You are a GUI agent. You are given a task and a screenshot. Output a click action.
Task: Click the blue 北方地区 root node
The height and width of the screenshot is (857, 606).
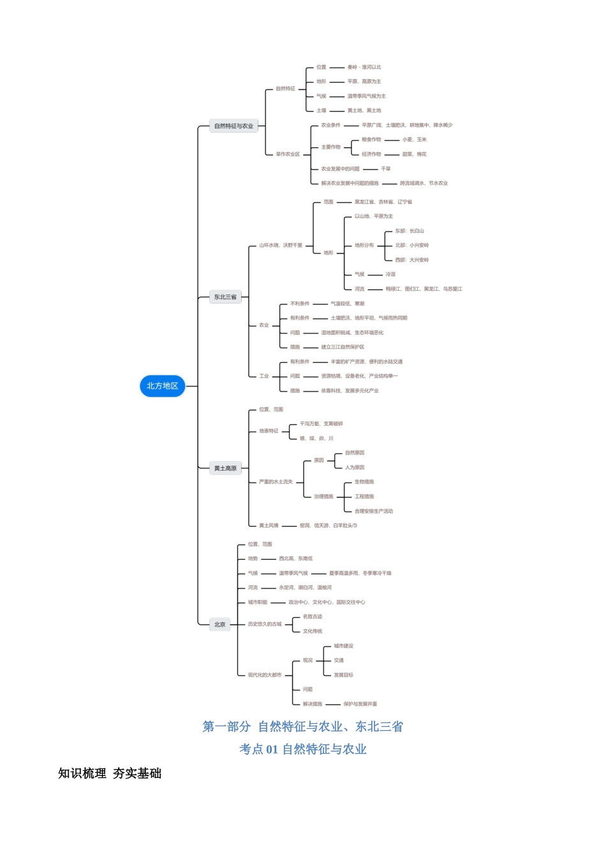coord(162,386)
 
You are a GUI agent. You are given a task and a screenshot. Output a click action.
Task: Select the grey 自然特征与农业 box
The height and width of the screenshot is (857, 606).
coord(233,126)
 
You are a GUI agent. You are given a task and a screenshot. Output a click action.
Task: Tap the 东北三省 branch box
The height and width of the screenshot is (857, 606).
coord(225,297)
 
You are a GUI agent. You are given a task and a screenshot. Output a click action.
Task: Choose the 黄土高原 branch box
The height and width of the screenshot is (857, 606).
coord(225,469)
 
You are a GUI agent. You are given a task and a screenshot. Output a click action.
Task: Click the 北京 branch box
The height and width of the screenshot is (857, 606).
coord(219,625)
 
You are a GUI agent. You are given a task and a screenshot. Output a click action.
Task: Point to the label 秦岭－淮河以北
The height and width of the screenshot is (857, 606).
coord(364,67)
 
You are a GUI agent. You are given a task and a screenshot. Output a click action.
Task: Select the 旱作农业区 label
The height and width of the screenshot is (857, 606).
coord(288,154)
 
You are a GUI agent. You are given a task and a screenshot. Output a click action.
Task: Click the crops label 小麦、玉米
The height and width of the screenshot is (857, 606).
coord(414,140)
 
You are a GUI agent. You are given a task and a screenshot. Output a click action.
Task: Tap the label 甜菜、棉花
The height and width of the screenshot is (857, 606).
coord(414,154)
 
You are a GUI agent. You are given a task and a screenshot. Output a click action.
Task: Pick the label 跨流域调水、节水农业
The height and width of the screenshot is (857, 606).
coord(424,184)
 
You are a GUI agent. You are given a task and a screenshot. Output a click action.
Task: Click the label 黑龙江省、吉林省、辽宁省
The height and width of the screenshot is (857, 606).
coord(383,202)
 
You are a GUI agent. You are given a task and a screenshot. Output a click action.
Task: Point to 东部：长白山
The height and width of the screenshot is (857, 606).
coord(409,231)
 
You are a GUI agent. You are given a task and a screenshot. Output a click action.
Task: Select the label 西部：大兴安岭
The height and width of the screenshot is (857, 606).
coord(411,260)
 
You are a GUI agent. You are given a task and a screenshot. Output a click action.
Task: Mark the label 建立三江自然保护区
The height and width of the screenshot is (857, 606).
coord(343,348)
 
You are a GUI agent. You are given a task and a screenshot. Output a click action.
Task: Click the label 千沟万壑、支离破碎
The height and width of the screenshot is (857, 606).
coord(321,424)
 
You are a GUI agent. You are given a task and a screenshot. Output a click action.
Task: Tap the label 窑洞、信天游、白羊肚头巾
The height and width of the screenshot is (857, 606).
coord(329,526)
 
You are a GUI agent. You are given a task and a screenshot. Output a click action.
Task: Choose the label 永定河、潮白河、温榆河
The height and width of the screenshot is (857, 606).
coord(305,588)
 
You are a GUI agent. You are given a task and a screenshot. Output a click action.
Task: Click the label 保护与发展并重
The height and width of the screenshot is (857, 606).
coord(360,705)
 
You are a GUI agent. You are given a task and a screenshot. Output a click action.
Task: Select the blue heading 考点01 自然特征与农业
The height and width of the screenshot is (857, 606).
coord(303,749)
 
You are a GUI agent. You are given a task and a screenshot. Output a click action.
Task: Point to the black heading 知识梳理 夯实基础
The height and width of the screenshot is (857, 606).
coord(110,773)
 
